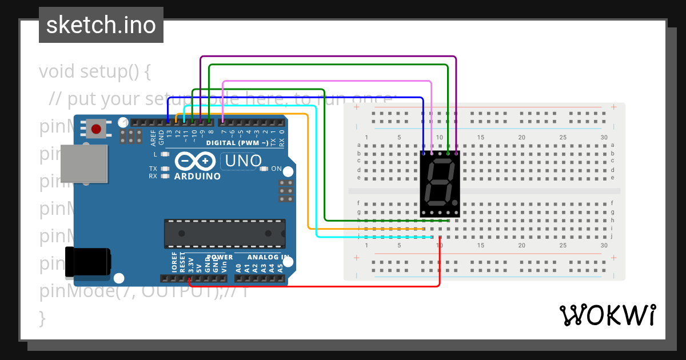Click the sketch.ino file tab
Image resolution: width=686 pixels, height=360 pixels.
point(101,25)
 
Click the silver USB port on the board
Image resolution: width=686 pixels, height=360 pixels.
point(85,163)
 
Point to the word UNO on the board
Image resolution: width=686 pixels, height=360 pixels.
point(244,161)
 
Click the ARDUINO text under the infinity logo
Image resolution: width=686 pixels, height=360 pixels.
point(197,177)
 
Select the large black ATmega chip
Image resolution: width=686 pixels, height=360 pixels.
point(225,234)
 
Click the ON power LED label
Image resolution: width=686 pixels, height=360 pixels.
point(276,169)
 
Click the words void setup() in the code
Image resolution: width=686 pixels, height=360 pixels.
point(94,72)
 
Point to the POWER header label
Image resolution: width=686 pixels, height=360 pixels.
point(220,258)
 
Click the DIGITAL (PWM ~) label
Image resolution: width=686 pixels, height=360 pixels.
point(237,142)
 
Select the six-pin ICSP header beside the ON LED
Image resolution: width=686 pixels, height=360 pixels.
point(286,191)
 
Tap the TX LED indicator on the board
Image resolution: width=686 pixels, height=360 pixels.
point(165,169)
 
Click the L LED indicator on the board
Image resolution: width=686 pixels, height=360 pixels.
point(165,154)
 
